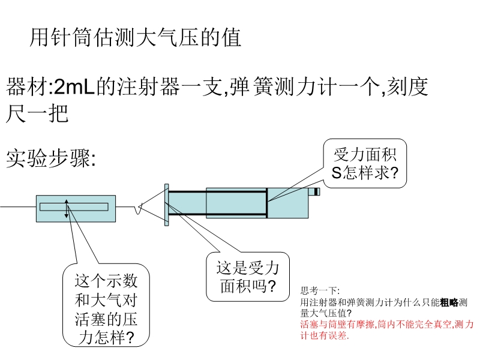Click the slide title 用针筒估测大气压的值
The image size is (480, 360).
point(136,37)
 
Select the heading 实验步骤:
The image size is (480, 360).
point(51,158)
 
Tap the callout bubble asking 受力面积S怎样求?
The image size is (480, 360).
point(365,163)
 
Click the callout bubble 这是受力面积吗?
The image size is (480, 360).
point(248,277)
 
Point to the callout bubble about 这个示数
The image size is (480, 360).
point(106,305)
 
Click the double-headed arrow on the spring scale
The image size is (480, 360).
point(67,209)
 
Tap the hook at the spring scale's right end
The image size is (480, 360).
point(139,209)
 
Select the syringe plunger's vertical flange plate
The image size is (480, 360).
point(167,205)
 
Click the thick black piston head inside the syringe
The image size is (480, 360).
point(266,203)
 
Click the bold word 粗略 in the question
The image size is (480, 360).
point(449,302)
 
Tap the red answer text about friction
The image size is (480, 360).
point(387,329)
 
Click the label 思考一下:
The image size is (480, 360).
point(320,290)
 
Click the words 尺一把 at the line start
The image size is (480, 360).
point(37,114)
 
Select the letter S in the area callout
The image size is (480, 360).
point(337,173)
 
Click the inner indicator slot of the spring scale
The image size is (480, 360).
point(74,207)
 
